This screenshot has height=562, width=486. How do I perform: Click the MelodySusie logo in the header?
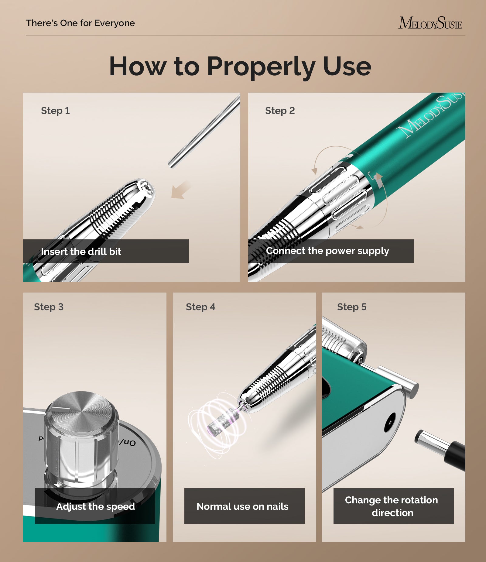[x=430, y=23]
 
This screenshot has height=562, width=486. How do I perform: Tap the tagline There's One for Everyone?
[x=80, y=23]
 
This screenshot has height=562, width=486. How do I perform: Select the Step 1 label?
[x=55, y=111]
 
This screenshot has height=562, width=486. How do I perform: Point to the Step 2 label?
[x=280, y=111]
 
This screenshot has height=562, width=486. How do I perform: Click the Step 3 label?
[x=49, y=307]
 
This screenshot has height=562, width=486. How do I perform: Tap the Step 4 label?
[x=200, y=307]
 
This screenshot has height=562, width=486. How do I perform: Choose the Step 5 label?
[x=352, y=307]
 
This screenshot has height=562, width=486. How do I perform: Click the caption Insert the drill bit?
[x=81, y=252]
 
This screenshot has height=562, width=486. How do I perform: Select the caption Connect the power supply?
[x=327, y=251]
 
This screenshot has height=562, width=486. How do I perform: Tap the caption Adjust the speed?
[x=95, y=506]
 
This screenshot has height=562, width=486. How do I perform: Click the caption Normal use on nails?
[x=242, y=506]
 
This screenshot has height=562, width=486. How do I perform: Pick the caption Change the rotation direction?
[x=392, y=506]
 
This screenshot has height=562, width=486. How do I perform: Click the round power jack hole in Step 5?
[x=390, y=422]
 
